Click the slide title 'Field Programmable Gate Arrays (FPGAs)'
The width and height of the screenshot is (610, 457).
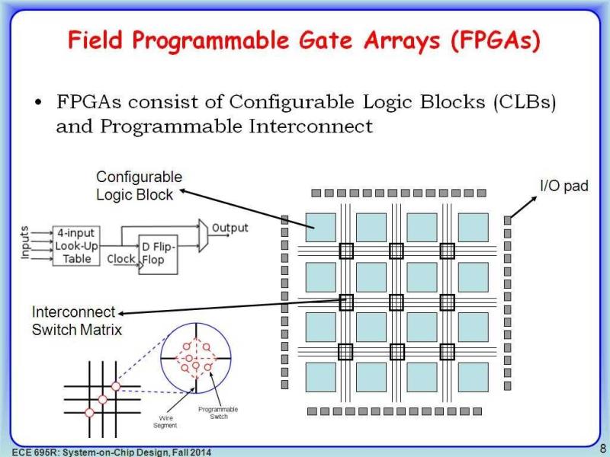(x=305, y=40)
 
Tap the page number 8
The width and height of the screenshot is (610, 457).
(x=602, y=448)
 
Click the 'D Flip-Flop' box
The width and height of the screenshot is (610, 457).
(x=158, y=254)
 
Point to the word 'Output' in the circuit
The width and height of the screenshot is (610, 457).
(x=230, y=228)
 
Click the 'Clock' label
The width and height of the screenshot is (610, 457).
(x=121, y=258)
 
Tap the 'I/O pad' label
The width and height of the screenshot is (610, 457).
(x=563, y=186)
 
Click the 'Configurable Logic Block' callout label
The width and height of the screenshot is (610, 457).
(x=139, y=185)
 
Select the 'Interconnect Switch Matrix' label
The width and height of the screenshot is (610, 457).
(x=76, y=321)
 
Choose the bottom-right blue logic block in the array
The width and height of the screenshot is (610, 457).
(x=473, y=377)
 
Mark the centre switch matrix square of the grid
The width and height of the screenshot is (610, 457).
(x=396, y=302)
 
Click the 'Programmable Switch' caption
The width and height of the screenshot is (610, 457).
(x=213, y=413)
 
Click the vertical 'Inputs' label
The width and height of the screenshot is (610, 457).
(x=24, y=243)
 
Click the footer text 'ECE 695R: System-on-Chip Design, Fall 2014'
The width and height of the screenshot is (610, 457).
(x=106, y=451)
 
